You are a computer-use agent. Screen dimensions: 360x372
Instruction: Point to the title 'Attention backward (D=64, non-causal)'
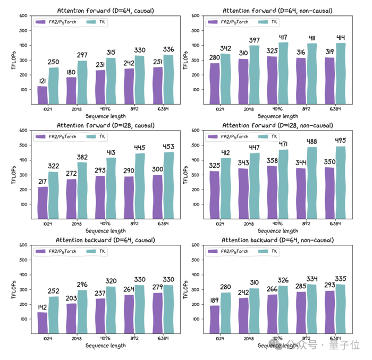click(x=277, y=240)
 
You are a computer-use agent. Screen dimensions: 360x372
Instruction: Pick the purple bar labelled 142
click(x=43, y=322)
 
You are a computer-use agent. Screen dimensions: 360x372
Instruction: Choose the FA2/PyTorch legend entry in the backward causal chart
click(x=57, y=251)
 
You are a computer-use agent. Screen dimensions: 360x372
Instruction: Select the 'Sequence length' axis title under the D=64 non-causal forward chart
click(x=277, y=116)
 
